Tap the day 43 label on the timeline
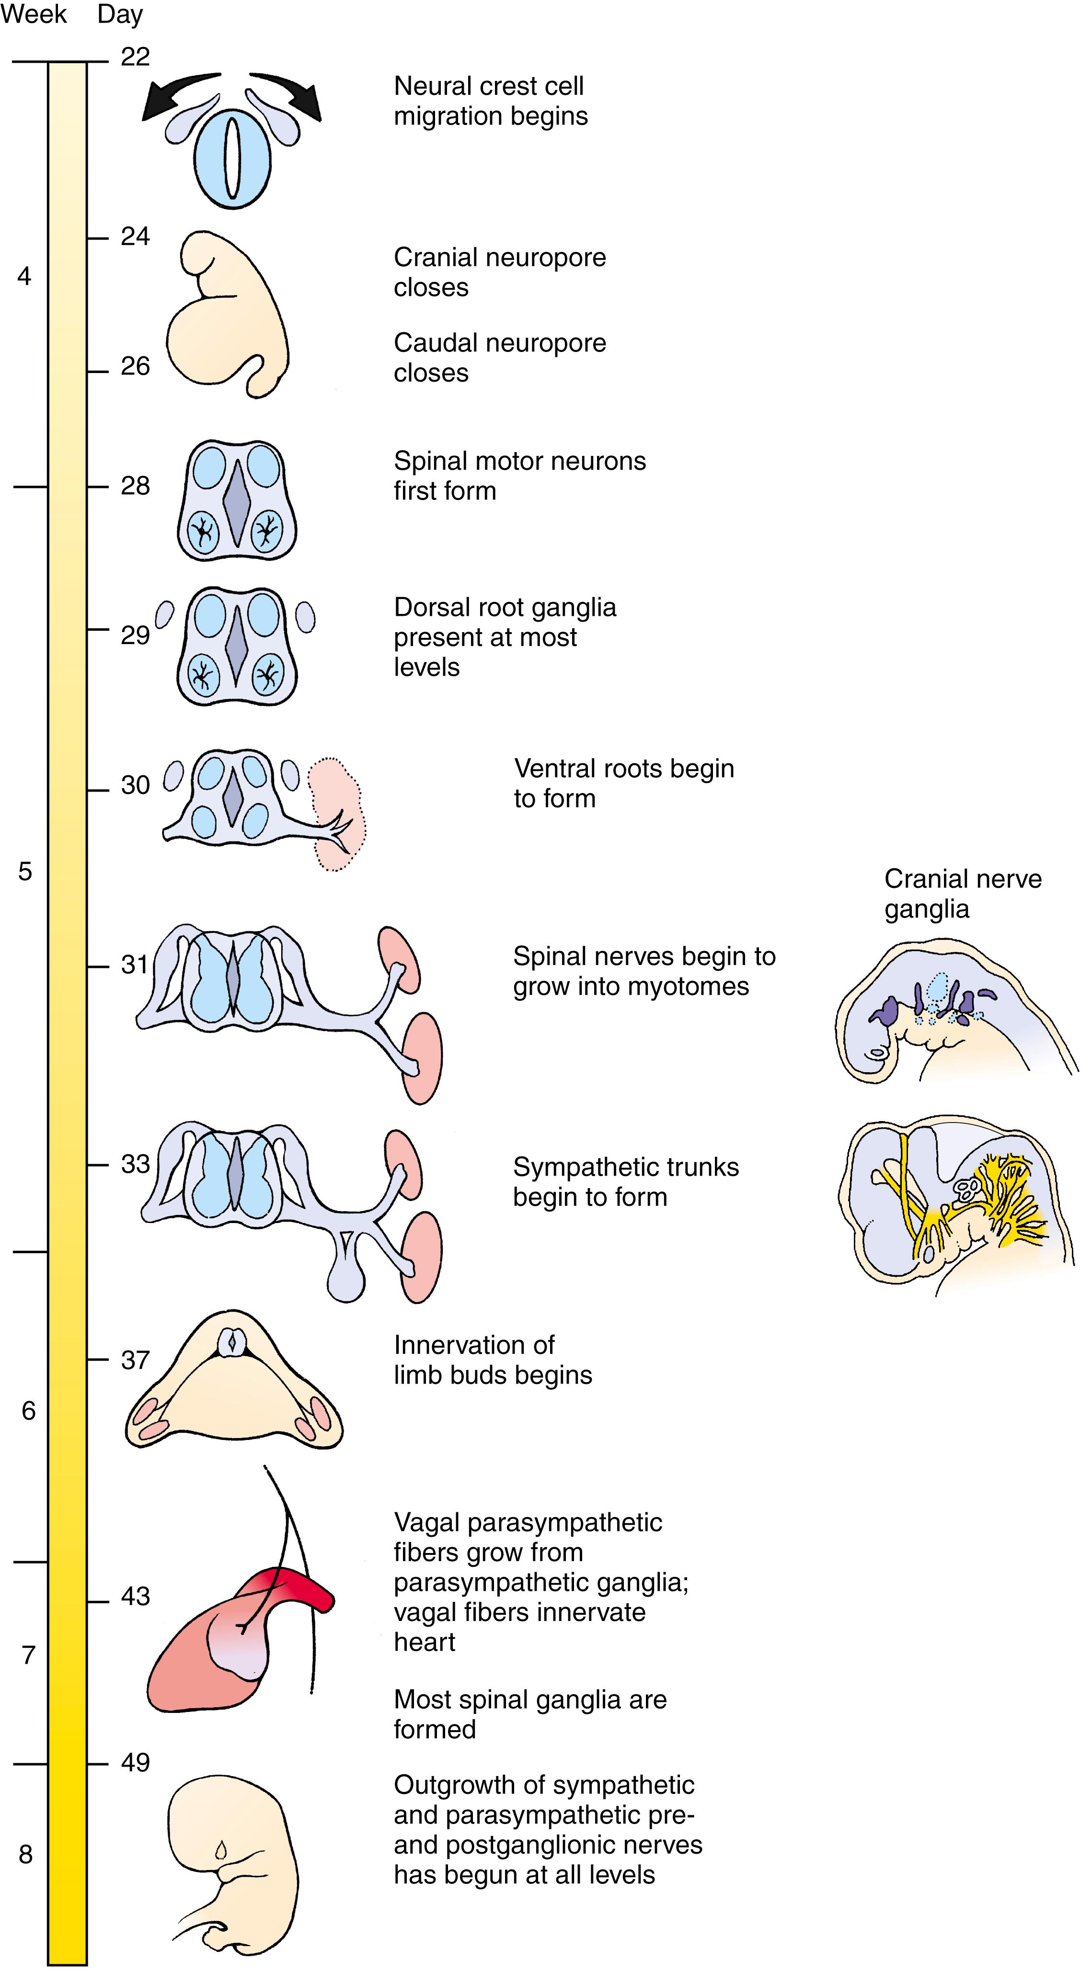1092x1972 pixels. (x=135, y=1596)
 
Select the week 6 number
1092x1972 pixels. (x=28, y=1410)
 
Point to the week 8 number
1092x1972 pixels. (x=25, y=1854)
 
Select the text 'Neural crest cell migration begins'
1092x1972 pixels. (x=490, y=101)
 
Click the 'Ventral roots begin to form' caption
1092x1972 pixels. (x=623, y=783)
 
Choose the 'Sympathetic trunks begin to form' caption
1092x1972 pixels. (x=626, y=1181)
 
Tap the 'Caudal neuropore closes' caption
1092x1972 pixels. (x=499, y=358)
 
